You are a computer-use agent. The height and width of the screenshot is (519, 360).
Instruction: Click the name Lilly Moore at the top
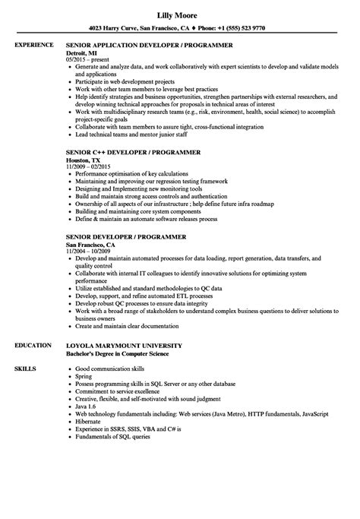pyautogui.click(x=181, y=14)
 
